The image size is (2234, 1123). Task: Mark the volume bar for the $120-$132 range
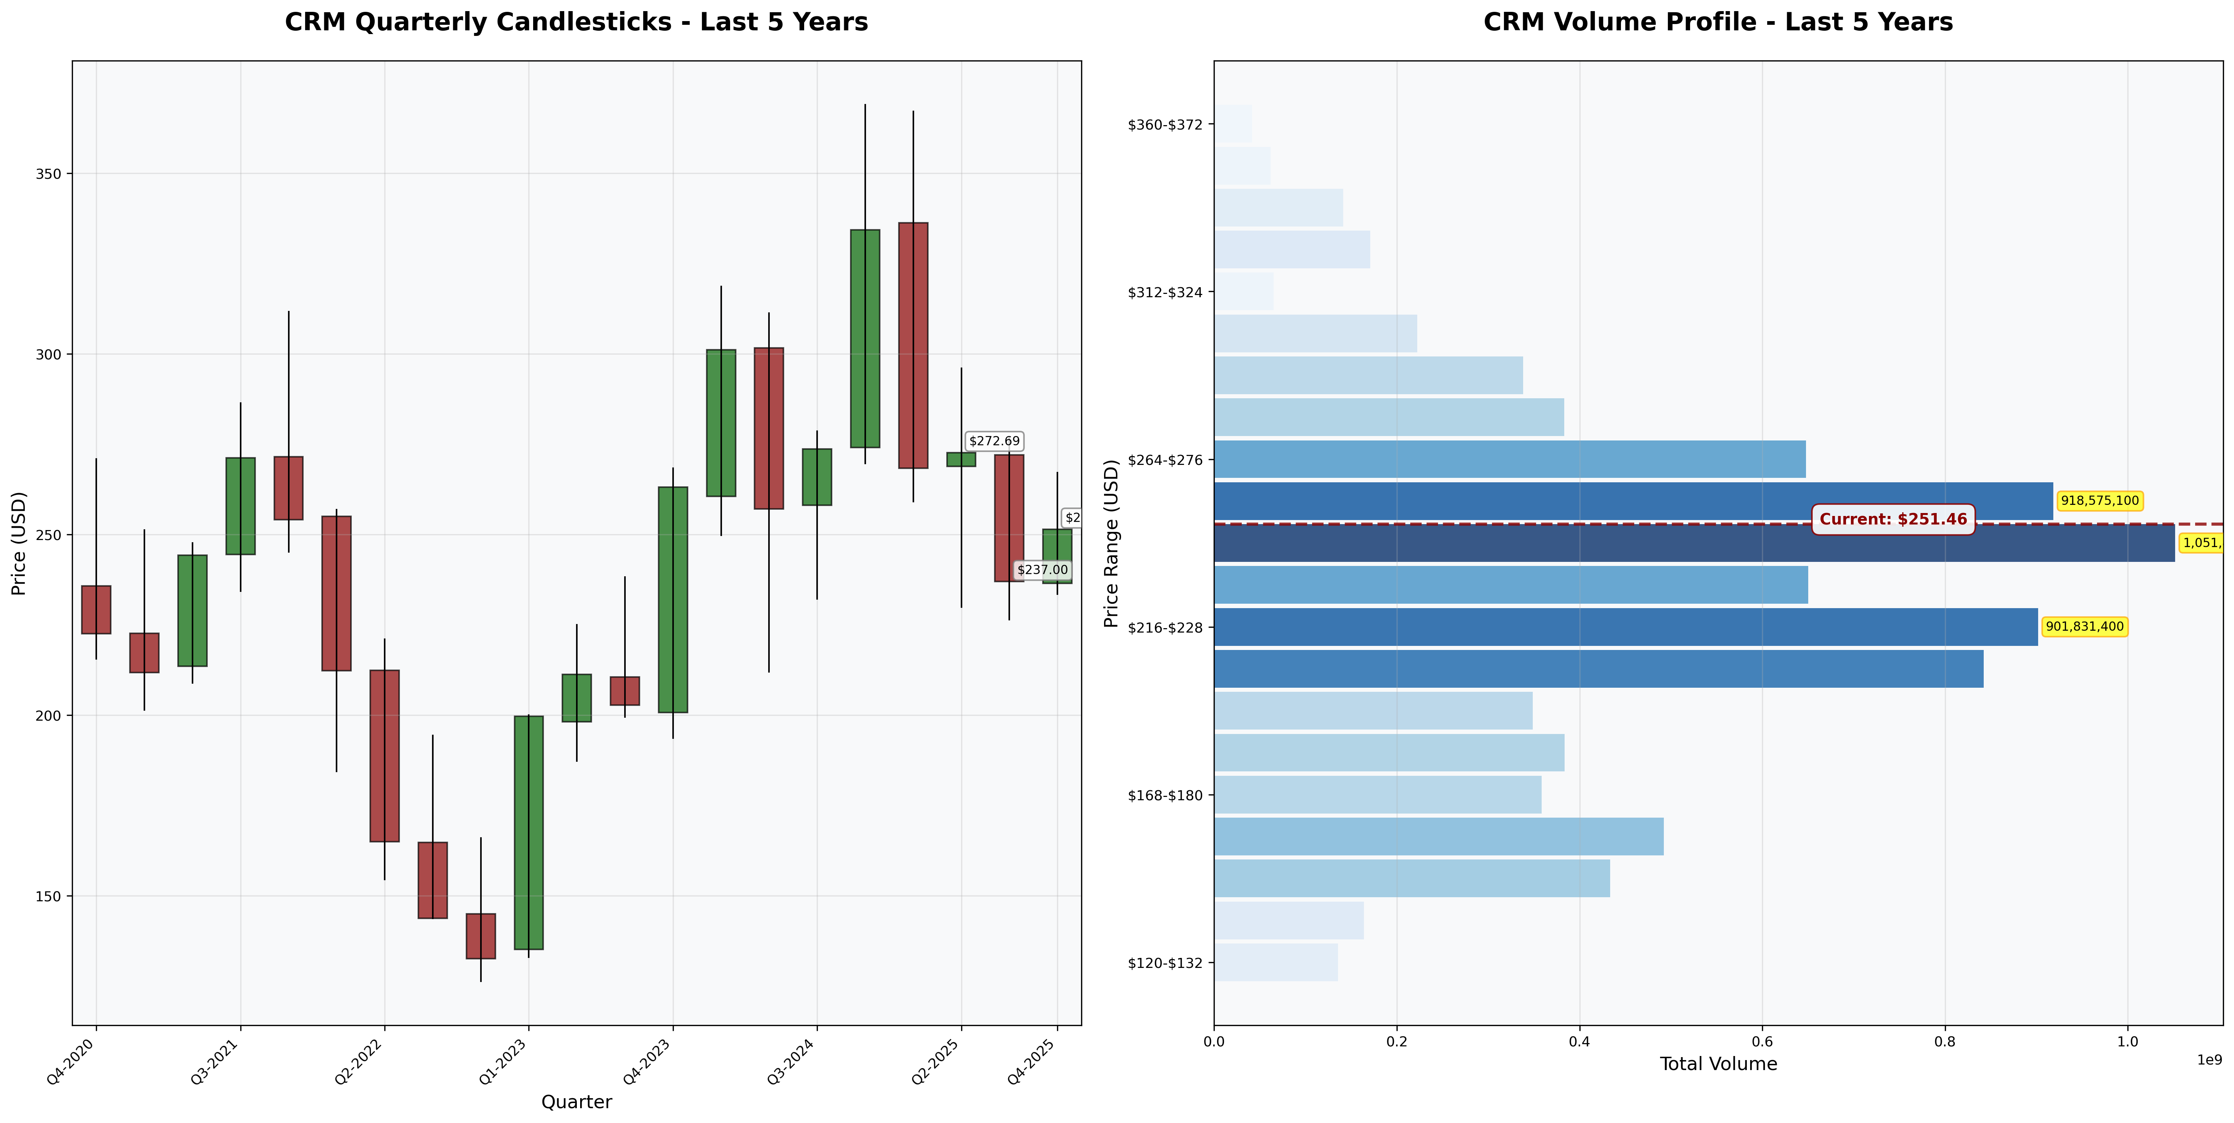[1275, 963]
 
